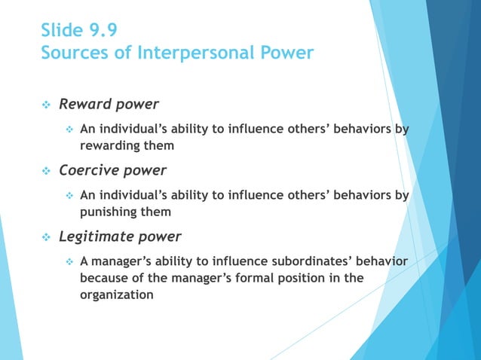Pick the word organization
click(x=117, y=294)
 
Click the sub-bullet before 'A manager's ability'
click(x=69, y=262)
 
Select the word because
click(x=105, y=278)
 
